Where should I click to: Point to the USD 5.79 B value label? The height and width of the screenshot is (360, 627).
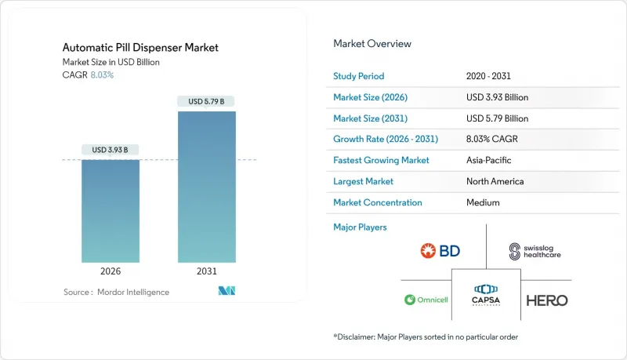click(x=207, y=101)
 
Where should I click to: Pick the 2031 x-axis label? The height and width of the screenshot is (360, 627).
click(x=207, y=271)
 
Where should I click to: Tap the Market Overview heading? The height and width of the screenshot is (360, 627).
click(x=372, y=44)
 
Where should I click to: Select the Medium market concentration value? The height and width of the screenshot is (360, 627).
click(x=483, y=202)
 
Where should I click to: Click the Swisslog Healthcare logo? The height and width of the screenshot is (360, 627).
click(x=535, y=251)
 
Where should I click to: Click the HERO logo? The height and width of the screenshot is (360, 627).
click(x=546, y=300)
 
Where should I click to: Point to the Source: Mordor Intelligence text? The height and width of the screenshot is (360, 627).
click(x=116, y=292)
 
